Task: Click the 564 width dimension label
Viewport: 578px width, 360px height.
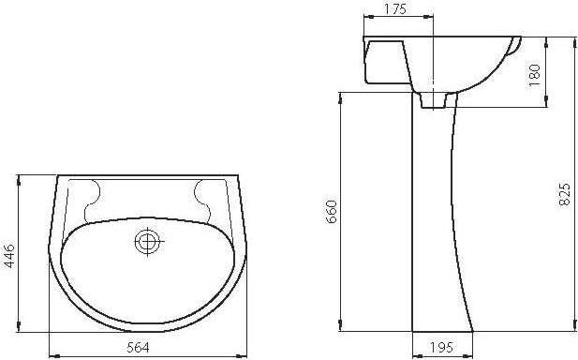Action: [139, 348]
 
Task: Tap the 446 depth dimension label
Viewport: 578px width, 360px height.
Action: [8, 256]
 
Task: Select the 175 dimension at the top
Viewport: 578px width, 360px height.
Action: [395, 8]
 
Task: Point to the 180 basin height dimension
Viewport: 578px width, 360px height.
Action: [534, 75]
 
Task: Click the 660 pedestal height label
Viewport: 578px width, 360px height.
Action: [332, 211]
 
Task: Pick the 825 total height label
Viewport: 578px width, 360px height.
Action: [564, 194]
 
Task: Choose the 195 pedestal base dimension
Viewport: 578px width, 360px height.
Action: [441, 348]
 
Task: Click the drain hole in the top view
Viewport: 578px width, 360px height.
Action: [147, 242]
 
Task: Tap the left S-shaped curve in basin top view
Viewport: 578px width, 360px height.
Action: [93, 201]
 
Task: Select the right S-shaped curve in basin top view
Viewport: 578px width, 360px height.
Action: [202, 201]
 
